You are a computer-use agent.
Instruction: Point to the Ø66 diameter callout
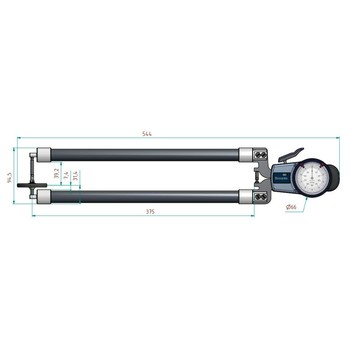(x=292, y=207)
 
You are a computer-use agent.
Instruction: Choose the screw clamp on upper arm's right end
(x=259, y=154)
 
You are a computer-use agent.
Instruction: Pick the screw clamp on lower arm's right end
(x=259, y=193)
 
